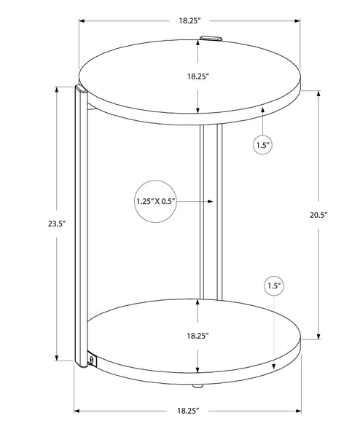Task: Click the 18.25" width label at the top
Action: (x=190, y=20)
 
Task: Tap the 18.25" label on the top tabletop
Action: (x=198, y=76)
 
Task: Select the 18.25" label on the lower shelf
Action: (x=197, y=336)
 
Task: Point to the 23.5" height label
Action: (x=56, y=224)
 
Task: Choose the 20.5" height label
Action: (x=318, y=215)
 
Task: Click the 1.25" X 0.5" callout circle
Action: (x=156, y=201)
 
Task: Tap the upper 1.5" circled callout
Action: (x=262, y=145)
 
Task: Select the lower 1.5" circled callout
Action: (x=274, y=286)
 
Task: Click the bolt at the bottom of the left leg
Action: (x=91, y=360)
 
